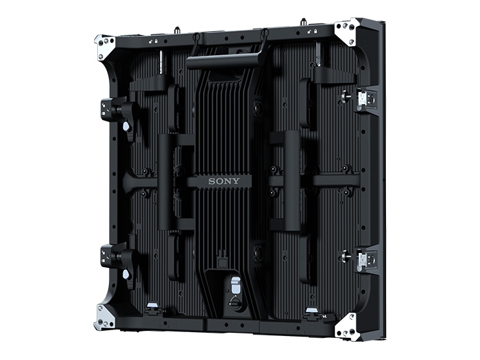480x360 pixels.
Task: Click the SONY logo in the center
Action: coord(224,181)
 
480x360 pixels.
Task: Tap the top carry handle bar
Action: coord(224,60)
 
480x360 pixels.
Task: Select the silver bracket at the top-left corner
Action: coord(104,47)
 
